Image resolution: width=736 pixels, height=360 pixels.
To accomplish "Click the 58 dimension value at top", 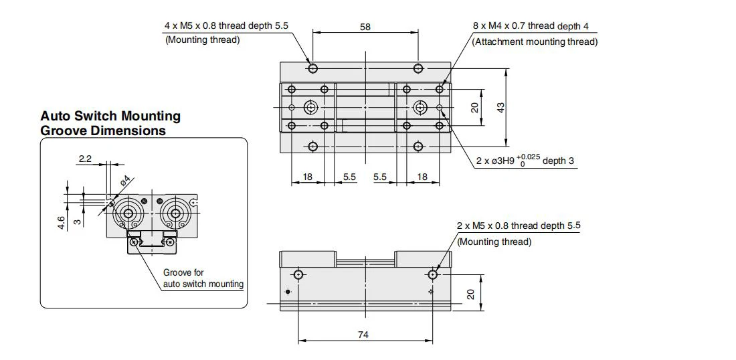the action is point(365,27).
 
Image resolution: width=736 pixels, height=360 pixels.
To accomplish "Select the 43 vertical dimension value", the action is point(501,108).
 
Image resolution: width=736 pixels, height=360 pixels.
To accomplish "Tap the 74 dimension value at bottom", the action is point(363,335).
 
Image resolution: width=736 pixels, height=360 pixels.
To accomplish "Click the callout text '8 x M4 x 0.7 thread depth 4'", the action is point(531,26).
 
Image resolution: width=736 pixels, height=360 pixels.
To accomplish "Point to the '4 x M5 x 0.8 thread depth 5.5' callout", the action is point(226,25).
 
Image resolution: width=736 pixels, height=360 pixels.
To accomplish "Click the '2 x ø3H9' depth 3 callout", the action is point(525,160).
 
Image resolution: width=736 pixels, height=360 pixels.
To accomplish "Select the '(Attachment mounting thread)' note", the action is point(535,41).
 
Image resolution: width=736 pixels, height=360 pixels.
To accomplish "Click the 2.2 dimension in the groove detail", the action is point(85,159).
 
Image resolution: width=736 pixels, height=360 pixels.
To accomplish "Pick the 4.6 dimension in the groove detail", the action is point(61,222).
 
